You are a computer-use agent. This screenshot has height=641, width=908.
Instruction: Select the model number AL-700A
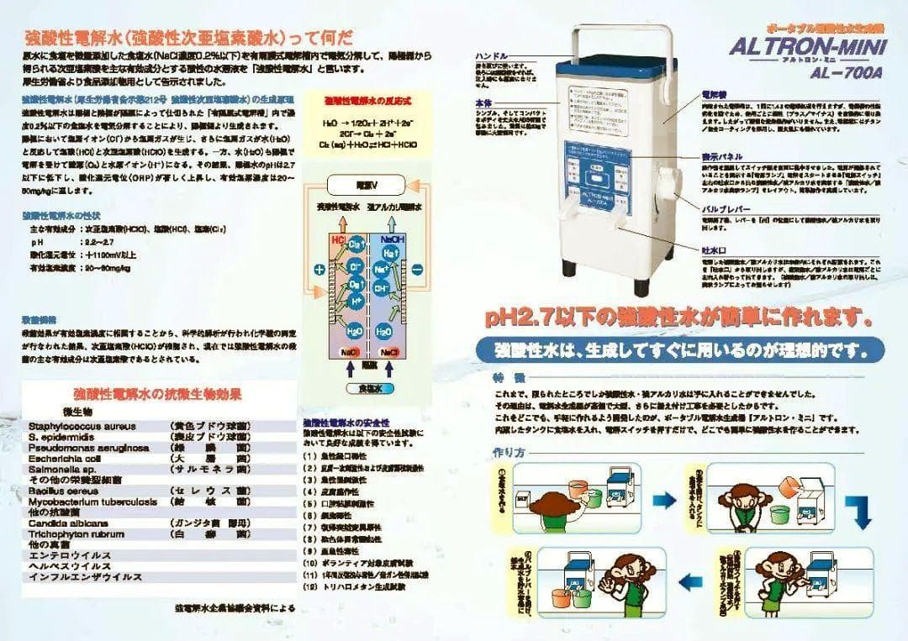click(831, 73)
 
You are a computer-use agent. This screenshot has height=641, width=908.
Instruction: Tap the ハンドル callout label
click(491, 55)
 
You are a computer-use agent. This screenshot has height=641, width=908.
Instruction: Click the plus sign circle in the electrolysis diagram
click(319, 270)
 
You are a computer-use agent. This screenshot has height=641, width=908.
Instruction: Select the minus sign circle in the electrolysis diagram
click(418, 270)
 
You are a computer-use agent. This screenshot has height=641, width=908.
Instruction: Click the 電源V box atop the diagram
click(367, 185)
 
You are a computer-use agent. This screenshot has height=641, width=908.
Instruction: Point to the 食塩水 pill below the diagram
click(368, 389)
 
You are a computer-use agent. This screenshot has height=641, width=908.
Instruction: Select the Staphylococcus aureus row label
click(82, 426)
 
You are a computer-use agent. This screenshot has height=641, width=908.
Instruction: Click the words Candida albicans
click(68, 523)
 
